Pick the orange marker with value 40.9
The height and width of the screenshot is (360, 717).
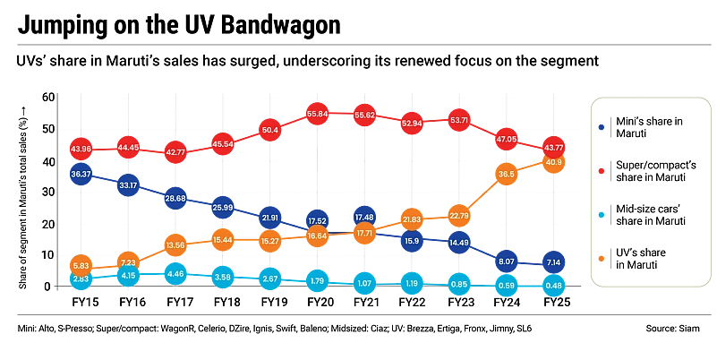pos(554,162)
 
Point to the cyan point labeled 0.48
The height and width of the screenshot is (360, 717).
pos(554,286)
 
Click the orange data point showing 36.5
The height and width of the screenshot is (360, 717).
pos(507,174)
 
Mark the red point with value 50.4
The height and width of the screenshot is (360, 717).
pos(270,130)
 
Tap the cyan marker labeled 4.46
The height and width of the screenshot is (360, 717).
pos(175,274)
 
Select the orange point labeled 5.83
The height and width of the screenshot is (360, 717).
pos(81,266)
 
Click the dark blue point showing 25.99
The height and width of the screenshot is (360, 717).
pos(223,208)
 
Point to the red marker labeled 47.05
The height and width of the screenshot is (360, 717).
pos(507,140)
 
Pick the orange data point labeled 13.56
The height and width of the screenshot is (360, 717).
pos(175,244)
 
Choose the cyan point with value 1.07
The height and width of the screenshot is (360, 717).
pos(364,284)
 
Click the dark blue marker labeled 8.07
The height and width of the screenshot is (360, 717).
pos(507,261)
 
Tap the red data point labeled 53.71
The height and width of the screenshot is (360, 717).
pos(459,120)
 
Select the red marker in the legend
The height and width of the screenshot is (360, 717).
pos(602,170)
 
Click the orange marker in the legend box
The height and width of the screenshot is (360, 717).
pos(602,258)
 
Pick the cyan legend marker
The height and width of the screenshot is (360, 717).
pos(602,215)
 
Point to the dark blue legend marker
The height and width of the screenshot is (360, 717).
pos(602,128)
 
